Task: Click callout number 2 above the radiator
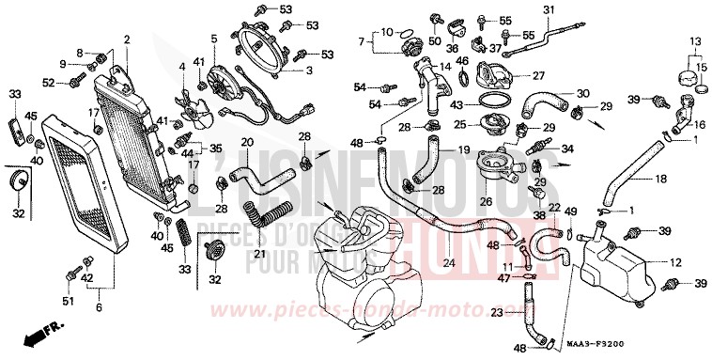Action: (126, 39)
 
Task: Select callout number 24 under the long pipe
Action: (449, 262)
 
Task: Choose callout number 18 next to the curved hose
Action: (660, 178)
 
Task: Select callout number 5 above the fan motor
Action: (213, 39)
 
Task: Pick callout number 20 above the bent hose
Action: (247, 143)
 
